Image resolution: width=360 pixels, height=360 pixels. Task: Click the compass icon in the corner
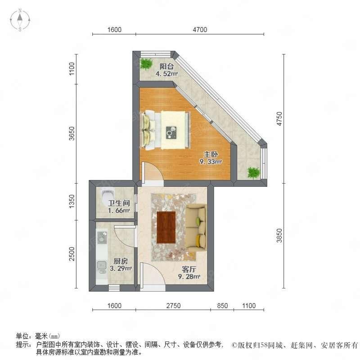20,20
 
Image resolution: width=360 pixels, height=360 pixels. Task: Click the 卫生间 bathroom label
119,203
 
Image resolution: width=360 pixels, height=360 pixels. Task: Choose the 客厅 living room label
189,269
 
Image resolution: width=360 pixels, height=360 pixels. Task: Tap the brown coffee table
166,227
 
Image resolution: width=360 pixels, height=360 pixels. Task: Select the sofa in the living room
196,227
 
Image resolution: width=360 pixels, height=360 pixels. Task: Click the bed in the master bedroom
166,130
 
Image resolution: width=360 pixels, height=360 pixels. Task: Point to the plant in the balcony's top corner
146,63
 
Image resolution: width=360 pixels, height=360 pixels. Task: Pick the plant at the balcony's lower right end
254,172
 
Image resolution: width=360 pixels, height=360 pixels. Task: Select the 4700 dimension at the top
200,30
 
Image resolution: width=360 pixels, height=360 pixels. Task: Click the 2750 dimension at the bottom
173,306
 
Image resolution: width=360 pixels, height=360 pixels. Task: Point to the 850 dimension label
222,306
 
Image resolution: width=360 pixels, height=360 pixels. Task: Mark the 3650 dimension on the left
72,133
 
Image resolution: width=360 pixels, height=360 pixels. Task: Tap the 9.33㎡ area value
211,162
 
